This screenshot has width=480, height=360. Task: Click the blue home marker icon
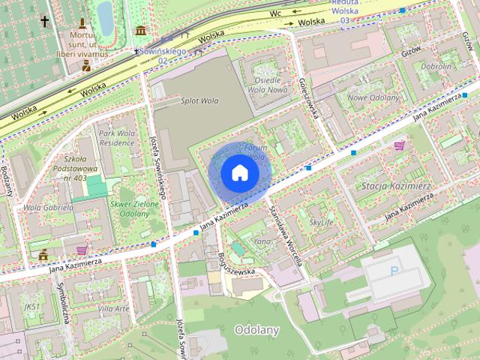pos(238,172)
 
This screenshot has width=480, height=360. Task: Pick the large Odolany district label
pos(256,330)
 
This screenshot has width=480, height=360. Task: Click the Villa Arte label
pos(114,308)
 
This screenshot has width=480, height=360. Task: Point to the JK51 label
pos(31,307)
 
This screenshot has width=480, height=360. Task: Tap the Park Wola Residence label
pos(116,138)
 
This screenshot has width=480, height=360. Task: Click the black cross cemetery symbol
pos(45,22)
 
